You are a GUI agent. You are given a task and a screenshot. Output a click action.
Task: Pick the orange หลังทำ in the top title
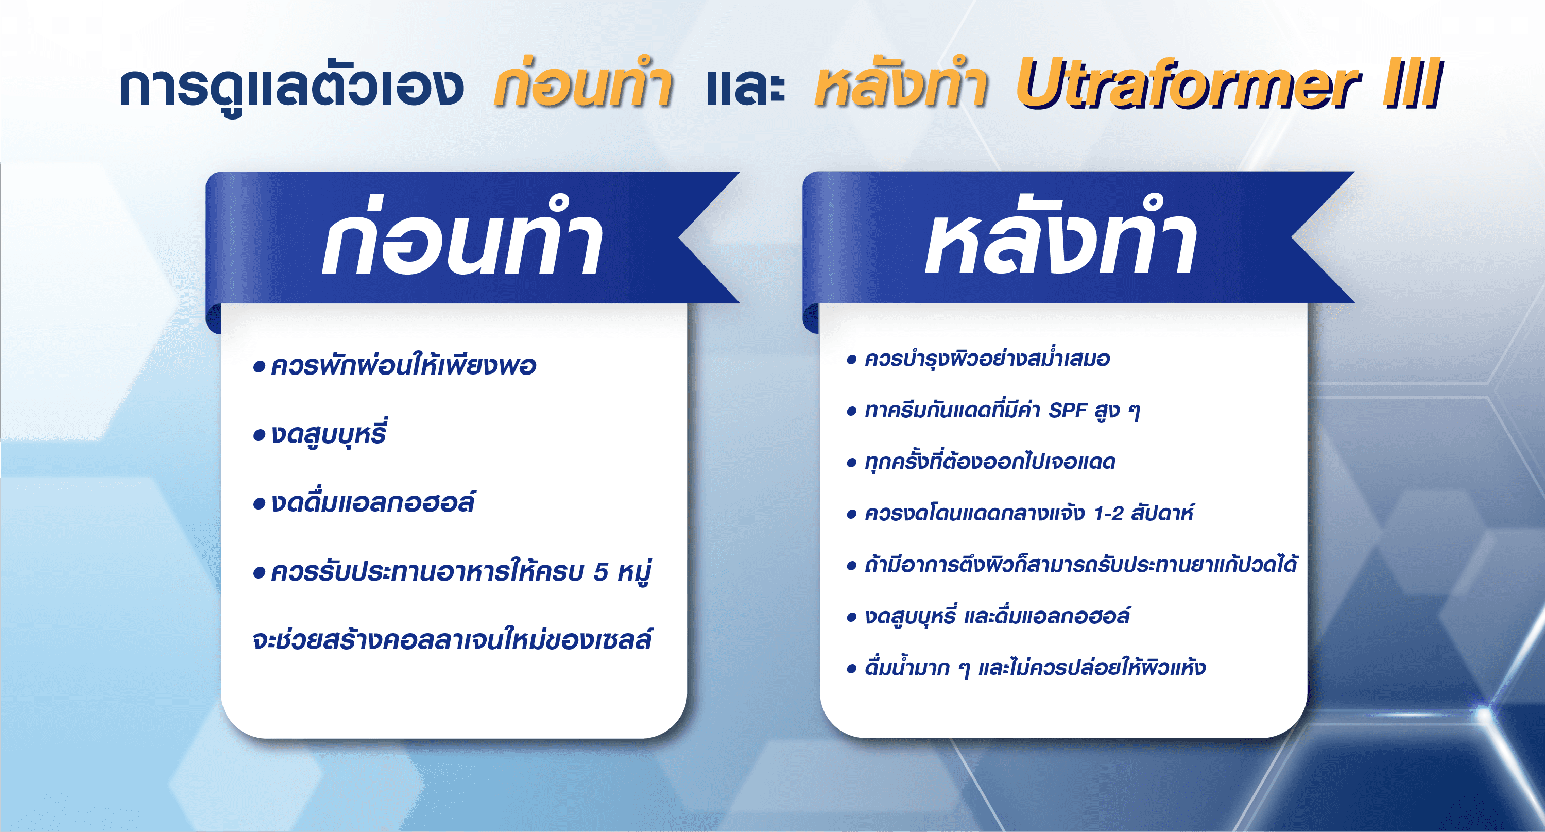(901, 83)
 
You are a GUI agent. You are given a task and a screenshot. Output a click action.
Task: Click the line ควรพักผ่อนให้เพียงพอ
(404, 366)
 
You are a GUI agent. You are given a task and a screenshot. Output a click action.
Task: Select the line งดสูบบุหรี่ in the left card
(329, 433)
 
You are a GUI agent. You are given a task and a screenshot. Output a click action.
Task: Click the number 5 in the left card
(601, 572)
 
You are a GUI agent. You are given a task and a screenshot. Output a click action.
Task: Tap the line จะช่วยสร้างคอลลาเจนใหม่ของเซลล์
(452, 639)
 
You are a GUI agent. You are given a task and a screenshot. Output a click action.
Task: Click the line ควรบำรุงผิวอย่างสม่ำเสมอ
(987, 359)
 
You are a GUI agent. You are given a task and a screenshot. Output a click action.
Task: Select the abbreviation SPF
(1068, 411)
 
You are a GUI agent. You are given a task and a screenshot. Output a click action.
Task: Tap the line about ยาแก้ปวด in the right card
(1081, 565)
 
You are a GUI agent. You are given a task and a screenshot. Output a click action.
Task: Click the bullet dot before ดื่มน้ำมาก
(851, 669)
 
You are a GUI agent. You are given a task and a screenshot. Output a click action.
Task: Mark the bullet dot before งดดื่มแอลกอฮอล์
(259, 503)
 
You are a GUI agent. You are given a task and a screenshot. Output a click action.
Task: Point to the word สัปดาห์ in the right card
(1162, 513)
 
